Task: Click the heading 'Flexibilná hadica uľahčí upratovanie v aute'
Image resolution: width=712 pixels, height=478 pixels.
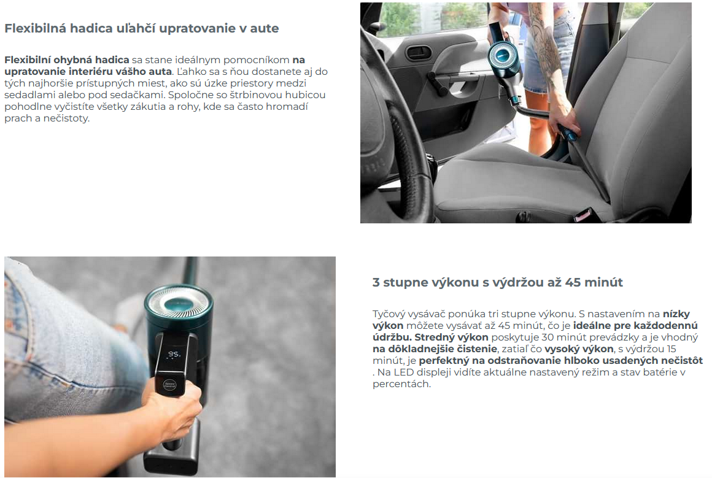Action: (142, 28)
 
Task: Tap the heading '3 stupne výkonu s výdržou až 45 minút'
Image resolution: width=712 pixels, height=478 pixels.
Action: (498, 282)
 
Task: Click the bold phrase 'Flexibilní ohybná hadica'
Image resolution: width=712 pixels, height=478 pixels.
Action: (67, 60)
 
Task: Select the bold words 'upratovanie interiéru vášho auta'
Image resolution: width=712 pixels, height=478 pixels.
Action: (88, 72)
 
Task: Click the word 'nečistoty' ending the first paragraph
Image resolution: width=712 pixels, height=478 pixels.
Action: (66, 118)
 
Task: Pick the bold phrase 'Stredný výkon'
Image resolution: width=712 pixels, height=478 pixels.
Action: (451, 337)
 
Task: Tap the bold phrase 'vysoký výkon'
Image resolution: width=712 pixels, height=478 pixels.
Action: (579, 349)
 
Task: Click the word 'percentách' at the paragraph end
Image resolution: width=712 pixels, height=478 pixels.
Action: (401, 384)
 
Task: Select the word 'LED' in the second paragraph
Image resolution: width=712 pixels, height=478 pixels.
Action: (404, 372)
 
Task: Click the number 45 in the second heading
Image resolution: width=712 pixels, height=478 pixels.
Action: (573, 282)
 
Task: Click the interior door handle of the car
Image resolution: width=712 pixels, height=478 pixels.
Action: (419, 53)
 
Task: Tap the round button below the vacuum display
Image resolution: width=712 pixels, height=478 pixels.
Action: (169, 385)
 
